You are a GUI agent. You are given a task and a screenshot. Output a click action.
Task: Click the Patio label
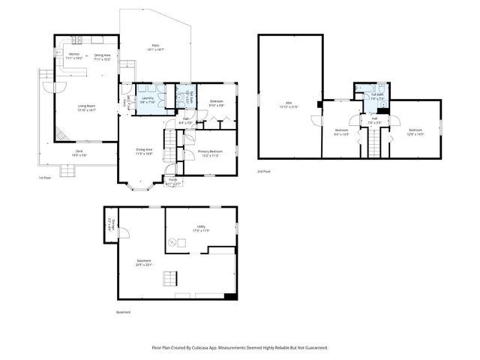(155, 46)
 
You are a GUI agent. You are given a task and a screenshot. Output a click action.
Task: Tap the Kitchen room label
(74, 55)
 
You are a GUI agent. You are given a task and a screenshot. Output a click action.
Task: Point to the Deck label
(79, 153)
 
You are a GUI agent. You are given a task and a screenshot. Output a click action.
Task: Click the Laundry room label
(148, 98)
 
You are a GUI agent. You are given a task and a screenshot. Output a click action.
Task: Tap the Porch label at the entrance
(172, 180)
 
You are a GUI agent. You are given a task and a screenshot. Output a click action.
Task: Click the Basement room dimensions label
(143, 265)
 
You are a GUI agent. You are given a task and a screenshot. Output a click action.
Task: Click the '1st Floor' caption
(45, 178)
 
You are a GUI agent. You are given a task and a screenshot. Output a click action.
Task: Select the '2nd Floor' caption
(263, 171)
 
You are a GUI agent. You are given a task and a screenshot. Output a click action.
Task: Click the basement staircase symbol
(169, 279)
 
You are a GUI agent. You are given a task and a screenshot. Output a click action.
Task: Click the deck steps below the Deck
(68, 171)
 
